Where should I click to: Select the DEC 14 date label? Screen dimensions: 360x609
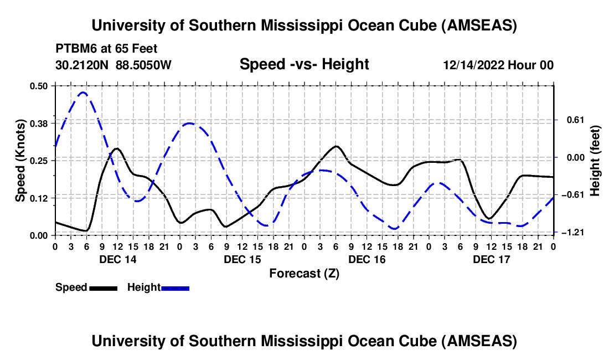pyautogui.click(x=117, y=259)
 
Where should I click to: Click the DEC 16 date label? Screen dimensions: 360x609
pyautogui.click(x=367, y=259)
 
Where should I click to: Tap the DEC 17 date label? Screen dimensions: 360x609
pyautogui.click(x=491, y=259)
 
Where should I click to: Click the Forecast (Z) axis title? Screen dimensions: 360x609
pyautogui.click(x=304, y=273)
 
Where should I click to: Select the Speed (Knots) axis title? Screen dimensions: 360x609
pyautogui.click(x=20, y=160)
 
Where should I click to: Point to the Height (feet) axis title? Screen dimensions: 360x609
pyautogui.click(x=595, y=160)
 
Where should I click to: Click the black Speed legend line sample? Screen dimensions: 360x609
pyautogui.click(x=103, y=288)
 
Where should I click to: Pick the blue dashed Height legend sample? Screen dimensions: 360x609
pyautogui.click(x=176, y=288)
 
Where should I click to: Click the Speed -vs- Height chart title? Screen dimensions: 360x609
pyautogui.click(x=304, y=64)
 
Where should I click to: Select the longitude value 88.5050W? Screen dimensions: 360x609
pyautogui.click(x=144, y=65)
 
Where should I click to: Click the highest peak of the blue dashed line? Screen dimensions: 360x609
pyautogui.click(x=83, y=92)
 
